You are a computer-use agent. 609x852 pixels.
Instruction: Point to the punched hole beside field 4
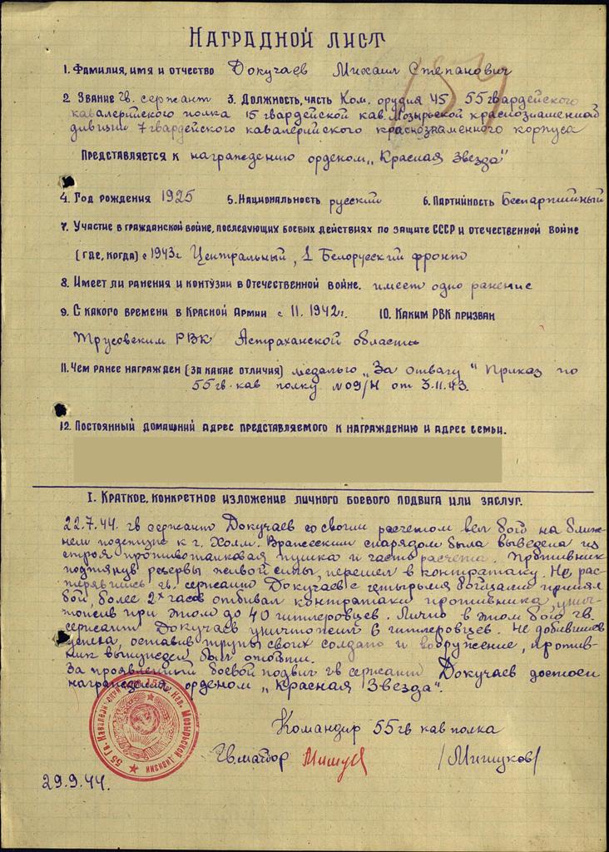point(64,181)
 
